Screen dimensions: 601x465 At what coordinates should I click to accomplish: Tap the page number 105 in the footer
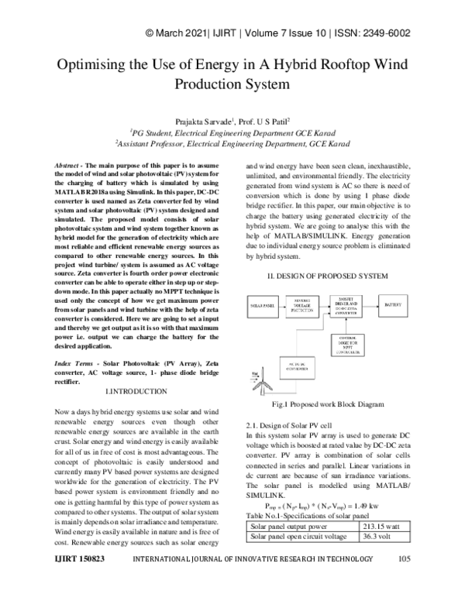point(403,581)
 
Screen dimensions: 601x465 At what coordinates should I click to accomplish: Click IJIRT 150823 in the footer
point(80,581)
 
